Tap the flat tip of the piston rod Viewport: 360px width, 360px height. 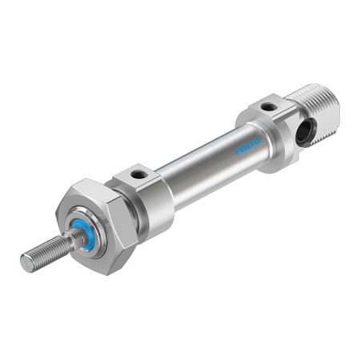point(25,262)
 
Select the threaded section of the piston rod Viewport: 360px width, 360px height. point(44,251)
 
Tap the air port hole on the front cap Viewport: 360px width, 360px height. point(137,174)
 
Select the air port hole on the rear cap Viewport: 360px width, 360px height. point(270,105)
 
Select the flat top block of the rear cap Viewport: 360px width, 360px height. point(268,108)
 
